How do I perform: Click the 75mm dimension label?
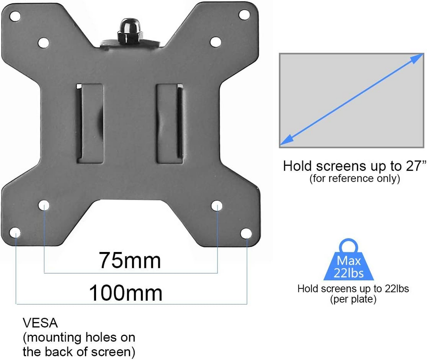[130, 260]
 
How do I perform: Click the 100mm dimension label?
[126, 293]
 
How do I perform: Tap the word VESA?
[40, 323]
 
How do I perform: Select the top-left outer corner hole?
[15, 16]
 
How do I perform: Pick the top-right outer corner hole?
[244, 15]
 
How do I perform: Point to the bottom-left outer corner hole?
[15, 233]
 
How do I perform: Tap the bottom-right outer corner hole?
[246, 233]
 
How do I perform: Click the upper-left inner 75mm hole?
[43, 43]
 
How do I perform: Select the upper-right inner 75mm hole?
[216, 42]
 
